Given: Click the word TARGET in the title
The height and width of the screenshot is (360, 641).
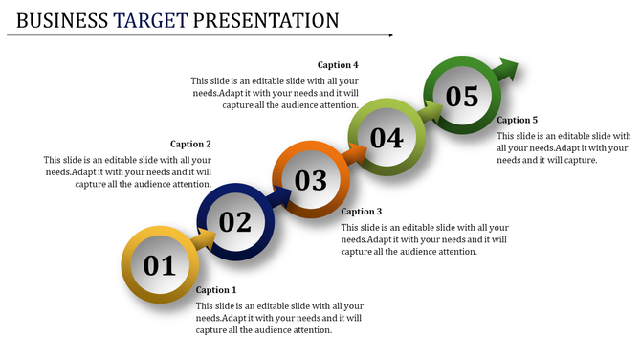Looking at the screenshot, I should [151, 19].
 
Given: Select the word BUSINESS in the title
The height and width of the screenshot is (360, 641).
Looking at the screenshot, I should [62, 19].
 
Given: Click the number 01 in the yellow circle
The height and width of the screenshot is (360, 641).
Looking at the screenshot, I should [159, 265].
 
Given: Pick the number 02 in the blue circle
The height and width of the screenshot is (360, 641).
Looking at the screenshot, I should [234, 222].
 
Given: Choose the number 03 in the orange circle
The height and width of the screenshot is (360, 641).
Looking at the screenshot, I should [310, 180].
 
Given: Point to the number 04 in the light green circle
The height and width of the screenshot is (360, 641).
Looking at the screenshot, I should [386, 138].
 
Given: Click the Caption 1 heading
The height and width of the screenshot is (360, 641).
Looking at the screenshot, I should [215, 289].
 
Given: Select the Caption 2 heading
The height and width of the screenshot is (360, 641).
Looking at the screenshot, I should [190, 144].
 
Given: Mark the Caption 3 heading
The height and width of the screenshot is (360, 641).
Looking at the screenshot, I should [362, 211].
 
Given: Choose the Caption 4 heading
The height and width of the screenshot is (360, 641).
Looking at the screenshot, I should [338, 65].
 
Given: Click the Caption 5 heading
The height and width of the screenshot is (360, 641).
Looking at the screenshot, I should [518, 120].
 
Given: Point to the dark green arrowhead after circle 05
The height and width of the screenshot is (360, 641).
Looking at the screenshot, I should [507, 70].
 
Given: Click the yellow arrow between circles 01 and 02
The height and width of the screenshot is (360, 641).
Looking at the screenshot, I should [203, 240].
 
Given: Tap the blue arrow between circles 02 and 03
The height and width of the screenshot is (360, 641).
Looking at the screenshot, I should [279, 197].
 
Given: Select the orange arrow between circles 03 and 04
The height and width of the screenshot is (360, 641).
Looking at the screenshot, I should [355, 155].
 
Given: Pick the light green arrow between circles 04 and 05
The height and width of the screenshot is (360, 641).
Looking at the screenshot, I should [431, 113].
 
